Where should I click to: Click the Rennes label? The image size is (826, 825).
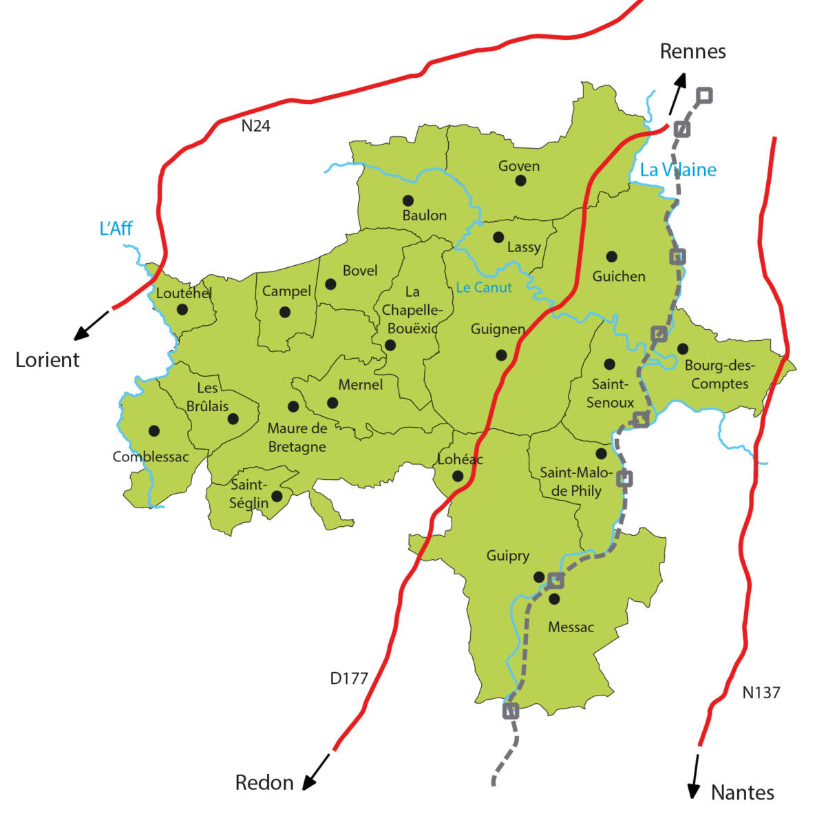point(692,51)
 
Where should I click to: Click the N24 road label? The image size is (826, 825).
point(256,126)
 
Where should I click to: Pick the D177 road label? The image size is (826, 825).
point(349,678)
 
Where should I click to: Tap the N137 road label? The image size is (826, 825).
point(761,692)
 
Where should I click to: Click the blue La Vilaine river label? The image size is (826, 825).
point(678,170)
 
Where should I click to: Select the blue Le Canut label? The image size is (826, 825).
point(484,287)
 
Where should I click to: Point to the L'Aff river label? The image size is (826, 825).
point(116,229)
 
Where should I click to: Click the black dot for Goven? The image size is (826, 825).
point(520,180)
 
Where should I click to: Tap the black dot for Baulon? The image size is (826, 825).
point(408,200)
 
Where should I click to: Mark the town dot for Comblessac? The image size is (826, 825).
point(154,430)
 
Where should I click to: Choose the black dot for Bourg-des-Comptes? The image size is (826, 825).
point(682,349)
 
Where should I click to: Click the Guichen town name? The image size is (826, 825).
point(619,276)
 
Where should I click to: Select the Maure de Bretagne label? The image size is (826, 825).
point(297,437)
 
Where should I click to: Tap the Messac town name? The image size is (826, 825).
point(571,627)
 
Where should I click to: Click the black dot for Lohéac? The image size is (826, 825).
point(458,476)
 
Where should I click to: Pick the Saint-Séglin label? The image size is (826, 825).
point(249,494)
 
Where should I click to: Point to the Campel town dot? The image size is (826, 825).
point(285,312)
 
